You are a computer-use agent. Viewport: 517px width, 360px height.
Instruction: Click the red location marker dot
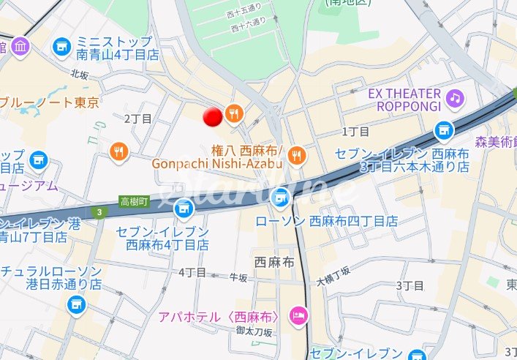pos(213,117)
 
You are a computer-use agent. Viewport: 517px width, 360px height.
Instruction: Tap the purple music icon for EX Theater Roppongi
pos(455,97)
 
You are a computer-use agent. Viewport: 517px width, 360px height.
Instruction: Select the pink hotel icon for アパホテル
pos(299,316)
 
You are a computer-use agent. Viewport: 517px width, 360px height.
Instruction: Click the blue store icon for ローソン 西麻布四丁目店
pos(280,197)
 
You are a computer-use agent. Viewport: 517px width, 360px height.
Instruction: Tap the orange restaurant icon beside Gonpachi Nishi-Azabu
pos(296,154)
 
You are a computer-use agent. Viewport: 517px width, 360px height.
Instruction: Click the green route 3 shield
pos(98,212)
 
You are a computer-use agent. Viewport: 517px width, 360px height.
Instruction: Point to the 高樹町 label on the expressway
pos(135,201)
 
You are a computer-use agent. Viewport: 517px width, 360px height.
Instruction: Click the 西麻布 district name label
pos(274,262)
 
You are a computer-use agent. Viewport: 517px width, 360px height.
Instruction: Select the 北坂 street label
pos(80,74)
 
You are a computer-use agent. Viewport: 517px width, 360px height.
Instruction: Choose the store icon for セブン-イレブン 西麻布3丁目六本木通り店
pos(442,131)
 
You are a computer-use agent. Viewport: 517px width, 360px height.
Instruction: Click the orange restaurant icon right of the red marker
pos(234,113)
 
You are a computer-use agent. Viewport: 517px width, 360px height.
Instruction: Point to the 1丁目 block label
pos(356,131)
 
